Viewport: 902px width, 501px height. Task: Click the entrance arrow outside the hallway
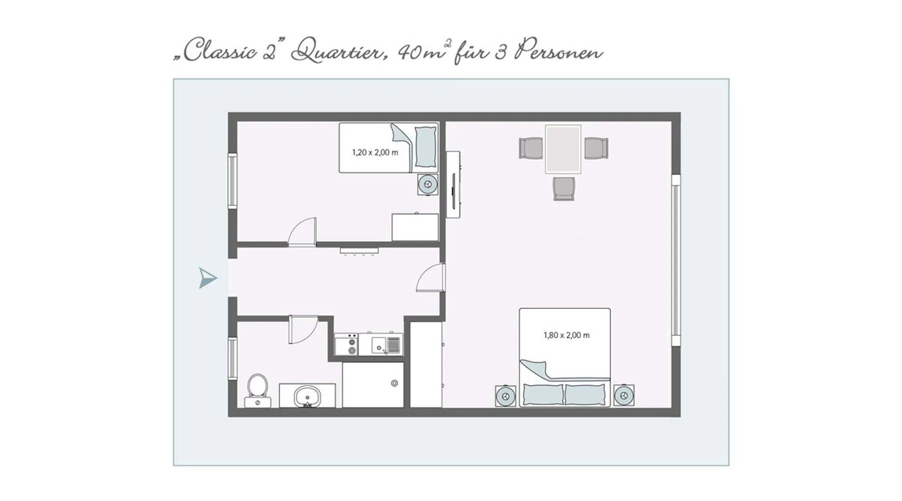click(208, 278)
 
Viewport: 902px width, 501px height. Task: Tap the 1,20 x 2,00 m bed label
click(375, 152)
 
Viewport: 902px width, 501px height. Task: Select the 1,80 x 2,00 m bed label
click(566, 335)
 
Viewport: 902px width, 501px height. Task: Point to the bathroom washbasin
click(307, 396)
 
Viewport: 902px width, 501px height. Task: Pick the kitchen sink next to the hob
click(386, 345)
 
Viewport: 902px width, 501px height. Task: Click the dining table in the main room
click(563, 149)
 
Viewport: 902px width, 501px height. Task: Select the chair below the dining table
click(564, 188)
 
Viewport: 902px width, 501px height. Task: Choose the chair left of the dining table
click(531, 148)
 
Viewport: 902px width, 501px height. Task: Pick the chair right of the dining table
click(596, 148)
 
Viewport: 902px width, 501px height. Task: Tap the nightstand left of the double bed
click(506, 396)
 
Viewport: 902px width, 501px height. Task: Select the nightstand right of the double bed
click(624, 396)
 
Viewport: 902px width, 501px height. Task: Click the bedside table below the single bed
click(428, 184)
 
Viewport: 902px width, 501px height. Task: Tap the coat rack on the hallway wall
click(359, 250)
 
